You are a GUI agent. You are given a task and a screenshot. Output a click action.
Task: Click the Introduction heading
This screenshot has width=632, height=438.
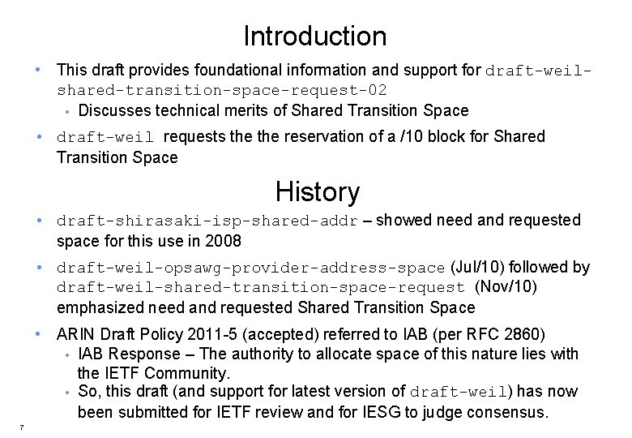click(315, 36)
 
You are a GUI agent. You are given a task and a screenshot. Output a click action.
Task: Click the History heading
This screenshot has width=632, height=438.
click(317, 192)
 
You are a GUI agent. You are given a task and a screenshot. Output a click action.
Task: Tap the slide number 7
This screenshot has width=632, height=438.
click(22, 427)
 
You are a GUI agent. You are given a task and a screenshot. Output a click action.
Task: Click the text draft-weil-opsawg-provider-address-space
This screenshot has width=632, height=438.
click(250, 268)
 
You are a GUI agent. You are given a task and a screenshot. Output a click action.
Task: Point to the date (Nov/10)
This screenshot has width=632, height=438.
click(506, 287)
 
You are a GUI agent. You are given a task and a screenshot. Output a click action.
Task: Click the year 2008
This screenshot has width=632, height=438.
click(223, 242)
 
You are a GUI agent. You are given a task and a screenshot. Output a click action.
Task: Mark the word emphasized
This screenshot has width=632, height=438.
click(100, 307)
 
